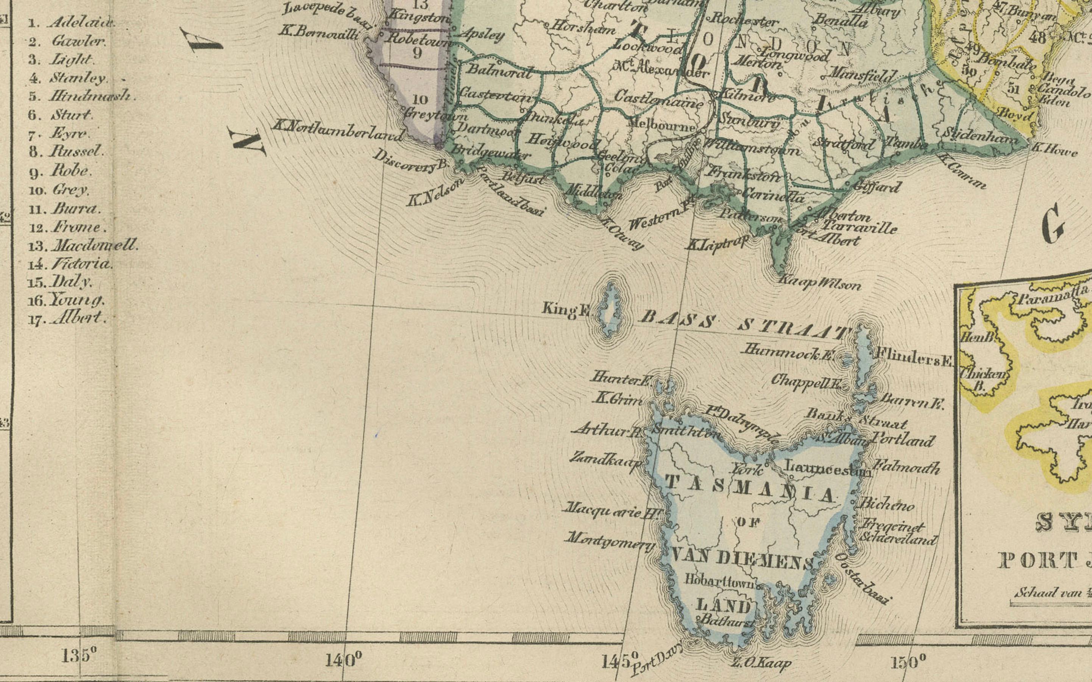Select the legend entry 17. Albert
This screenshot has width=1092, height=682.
coord(68,318)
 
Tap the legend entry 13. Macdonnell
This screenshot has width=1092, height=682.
coord(83,246)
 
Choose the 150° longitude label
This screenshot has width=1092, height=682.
coord(908,662)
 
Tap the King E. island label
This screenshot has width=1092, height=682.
coord(566,310)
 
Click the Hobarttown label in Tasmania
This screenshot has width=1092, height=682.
coord(720,581)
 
